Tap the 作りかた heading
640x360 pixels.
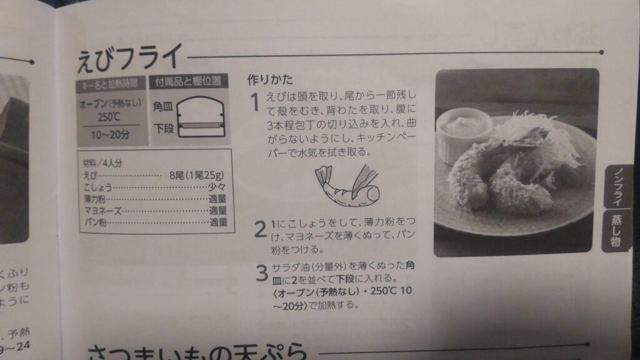(270, 80)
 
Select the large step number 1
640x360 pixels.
(254, 102)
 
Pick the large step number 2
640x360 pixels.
(260, 229)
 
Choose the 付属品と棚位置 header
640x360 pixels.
(189, 81)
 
